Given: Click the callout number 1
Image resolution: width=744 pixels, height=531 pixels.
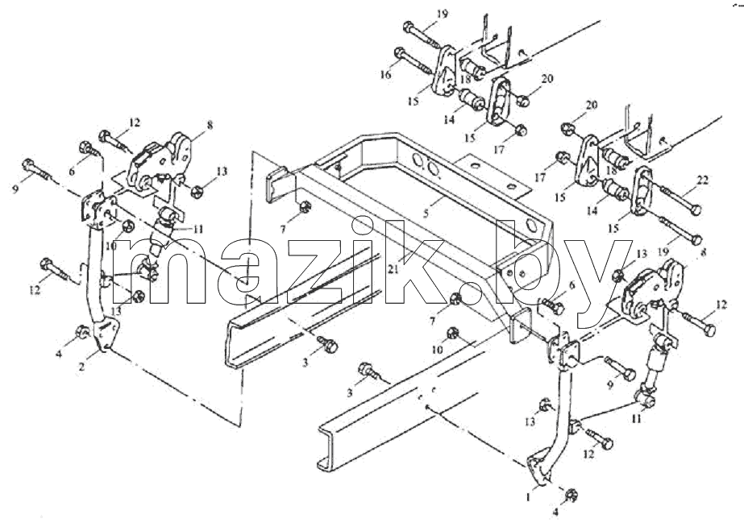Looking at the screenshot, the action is pos(527,497).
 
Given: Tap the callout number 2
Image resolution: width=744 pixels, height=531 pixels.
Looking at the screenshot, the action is pos(81,366).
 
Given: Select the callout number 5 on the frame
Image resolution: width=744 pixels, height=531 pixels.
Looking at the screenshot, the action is pos(426,214).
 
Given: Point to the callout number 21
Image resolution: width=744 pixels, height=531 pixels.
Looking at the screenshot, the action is pos(393,270).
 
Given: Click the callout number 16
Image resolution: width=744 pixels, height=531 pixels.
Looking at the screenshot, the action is pos(387,74).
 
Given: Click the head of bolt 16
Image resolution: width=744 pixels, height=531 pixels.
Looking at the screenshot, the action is pos(400,52).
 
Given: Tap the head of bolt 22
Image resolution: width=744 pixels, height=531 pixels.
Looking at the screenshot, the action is pos(695,210).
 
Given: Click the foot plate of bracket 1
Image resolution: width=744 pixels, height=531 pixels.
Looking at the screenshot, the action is pos(538,470).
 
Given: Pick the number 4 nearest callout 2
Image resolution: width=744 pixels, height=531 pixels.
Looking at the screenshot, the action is pos(59,353).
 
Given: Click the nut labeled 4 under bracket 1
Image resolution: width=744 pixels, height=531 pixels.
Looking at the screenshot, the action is pos(571,496).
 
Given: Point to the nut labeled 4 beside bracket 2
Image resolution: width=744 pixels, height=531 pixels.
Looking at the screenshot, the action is pos(82,332).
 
